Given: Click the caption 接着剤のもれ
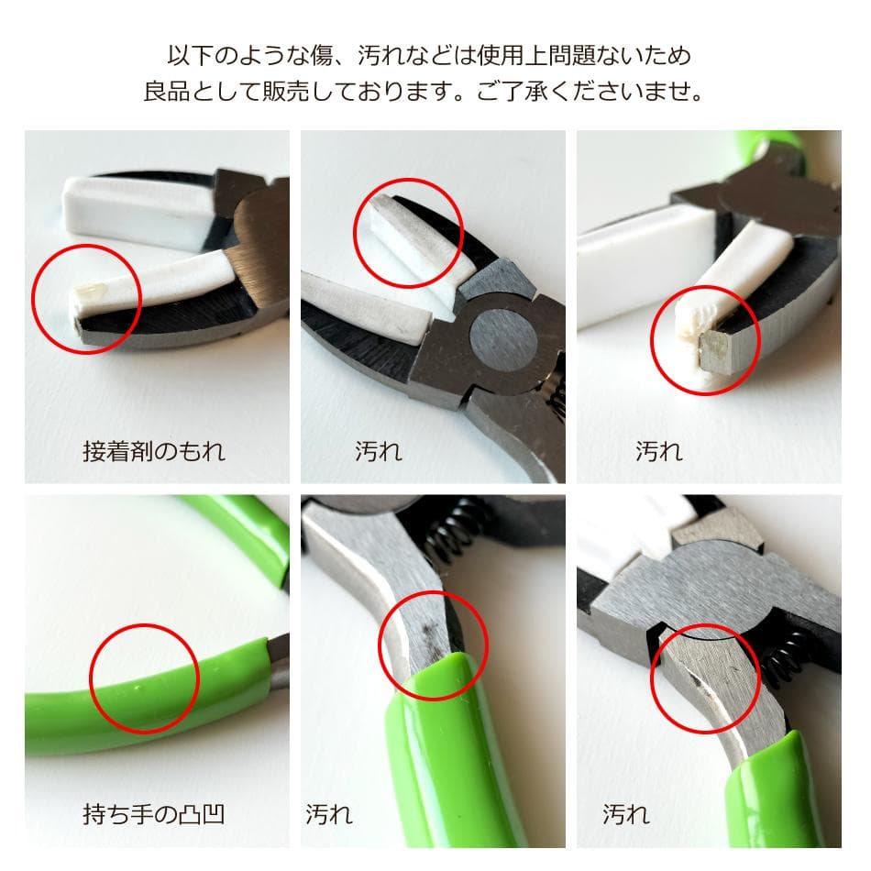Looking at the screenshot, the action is point(154,451).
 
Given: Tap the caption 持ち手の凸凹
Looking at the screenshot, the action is point(154,814).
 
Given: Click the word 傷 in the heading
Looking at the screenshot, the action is point(321,56).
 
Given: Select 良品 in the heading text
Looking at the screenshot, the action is point(167,91).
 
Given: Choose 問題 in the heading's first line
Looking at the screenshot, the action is point(573,56).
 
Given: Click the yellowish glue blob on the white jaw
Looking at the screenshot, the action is point(90,290).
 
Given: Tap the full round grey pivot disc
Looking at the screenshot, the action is point(503,340).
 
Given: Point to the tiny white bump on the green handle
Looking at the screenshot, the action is point(138,689).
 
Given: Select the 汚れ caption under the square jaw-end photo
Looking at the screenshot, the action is point(659,451).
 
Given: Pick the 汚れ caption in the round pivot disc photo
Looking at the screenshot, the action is point(379,451).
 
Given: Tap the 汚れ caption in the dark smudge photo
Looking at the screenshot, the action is point(329,814).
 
